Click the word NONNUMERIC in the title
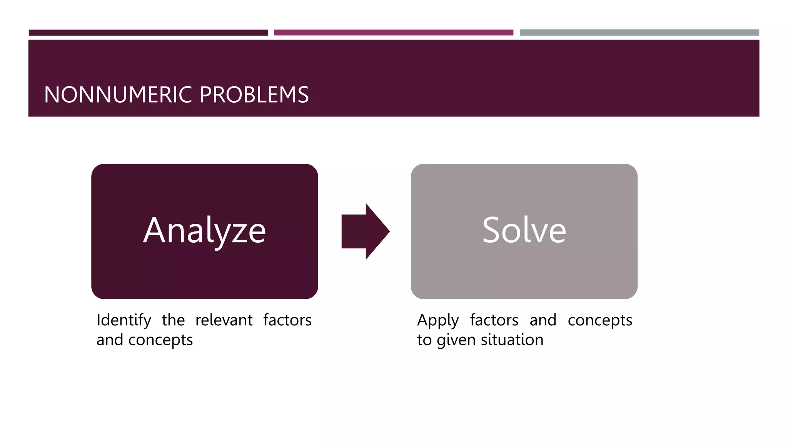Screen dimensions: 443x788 click(118, 95)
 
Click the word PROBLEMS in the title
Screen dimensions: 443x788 click(254, 95)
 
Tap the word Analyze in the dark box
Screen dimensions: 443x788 click(204, 231)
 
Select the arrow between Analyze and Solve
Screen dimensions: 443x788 click(366, 231)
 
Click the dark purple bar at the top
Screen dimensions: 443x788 click(148, 33)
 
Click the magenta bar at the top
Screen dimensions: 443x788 click(393, 33)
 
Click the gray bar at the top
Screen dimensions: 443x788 click(639, 33)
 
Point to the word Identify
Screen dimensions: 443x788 click(124, 320)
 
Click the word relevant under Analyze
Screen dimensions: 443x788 click(224, 320)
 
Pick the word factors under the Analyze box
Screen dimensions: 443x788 click(287, 320)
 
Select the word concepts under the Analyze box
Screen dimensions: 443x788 click(160, 340)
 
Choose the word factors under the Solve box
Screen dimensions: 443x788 click(494, 320)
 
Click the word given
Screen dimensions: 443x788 click(457, 340)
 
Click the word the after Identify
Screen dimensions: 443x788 click(173, 320)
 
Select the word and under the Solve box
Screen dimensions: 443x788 click(543, 320)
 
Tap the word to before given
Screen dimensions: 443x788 click(424, 340)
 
